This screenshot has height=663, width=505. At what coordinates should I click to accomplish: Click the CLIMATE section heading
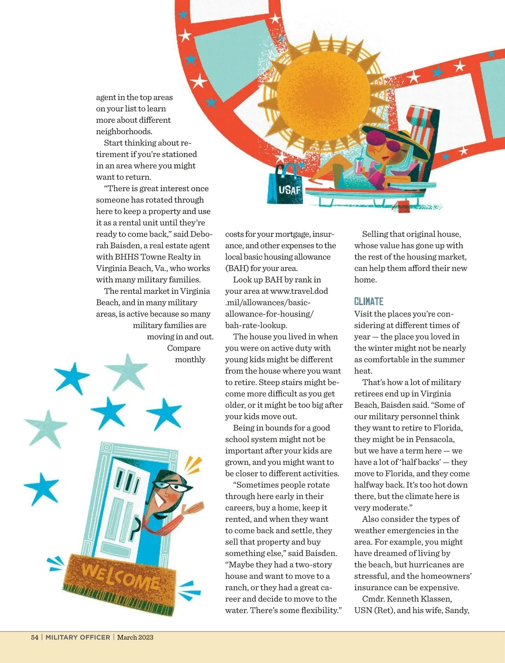coord(369,301)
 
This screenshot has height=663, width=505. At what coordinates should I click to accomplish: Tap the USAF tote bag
coord(285,186)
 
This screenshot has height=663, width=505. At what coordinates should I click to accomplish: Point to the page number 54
coord(35,637)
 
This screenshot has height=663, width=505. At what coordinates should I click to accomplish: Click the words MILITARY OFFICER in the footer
coord(78,637)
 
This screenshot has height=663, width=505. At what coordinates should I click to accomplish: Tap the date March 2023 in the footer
coord(135,637)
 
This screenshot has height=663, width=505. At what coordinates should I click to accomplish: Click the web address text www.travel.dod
coord(299,291)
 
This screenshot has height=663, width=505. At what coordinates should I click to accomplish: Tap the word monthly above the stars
coord(190,359)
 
